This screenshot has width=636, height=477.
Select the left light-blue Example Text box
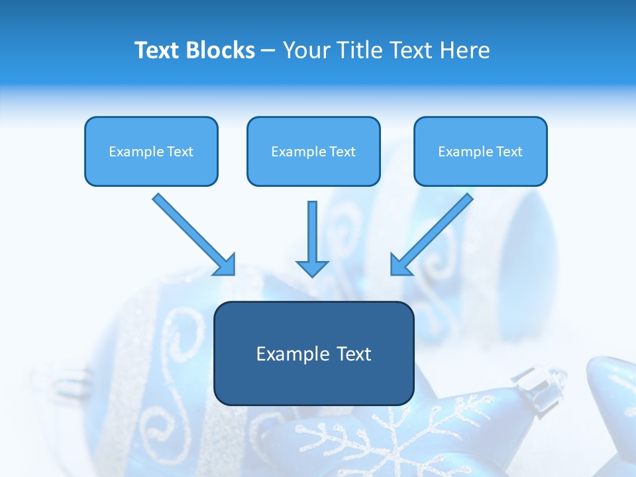(x=151, y=152)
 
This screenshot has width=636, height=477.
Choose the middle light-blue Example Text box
(x=313, y=152)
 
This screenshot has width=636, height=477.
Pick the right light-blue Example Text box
(x=480, y=152)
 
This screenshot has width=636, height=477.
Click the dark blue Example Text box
(x=313, y=354)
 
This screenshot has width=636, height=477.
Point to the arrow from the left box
(x=192, y=233)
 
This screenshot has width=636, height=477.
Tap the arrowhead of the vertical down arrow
(x=313, y=268)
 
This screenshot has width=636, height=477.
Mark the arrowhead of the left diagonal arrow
(x=225, y=265)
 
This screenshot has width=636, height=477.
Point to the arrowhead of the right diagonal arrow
(x=400, y=265)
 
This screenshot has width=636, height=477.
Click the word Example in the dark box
(x=288, y=354)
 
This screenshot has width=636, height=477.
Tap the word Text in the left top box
(x=180, y=152)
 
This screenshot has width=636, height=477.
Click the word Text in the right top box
(x=509, y=152)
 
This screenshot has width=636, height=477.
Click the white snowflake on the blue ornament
(x=391, y=441)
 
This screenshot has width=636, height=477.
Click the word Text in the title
(x=158, y=50)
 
